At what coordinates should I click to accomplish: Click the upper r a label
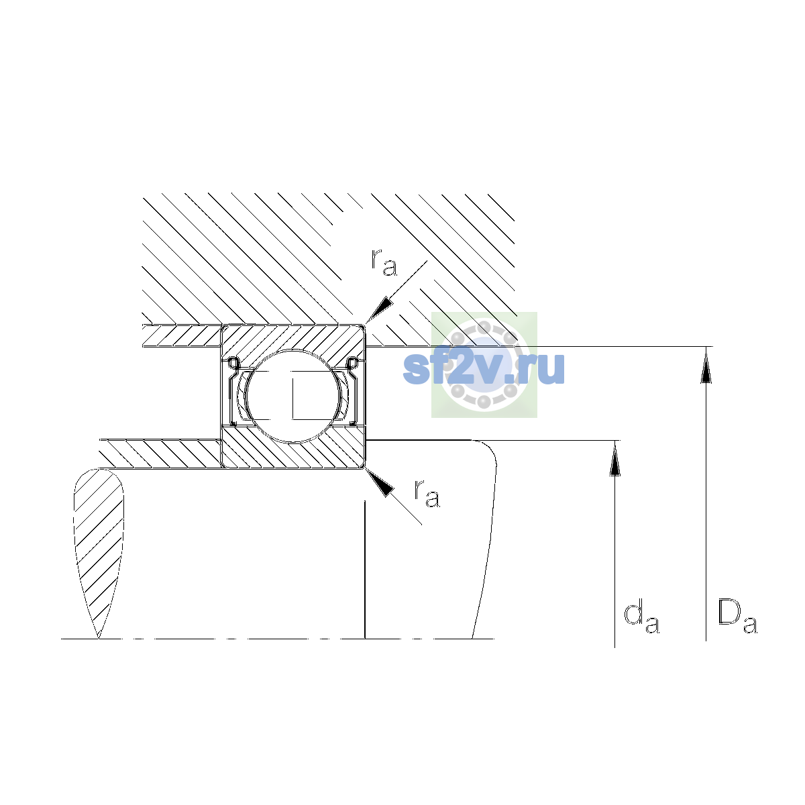coord(384,262)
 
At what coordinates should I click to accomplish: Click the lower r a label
coord(427,494)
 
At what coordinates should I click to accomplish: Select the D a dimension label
coord(737,616)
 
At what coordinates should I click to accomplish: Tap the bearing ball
coord(293,396)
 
